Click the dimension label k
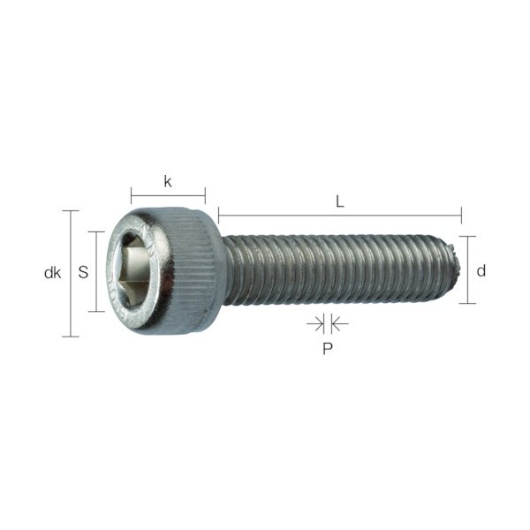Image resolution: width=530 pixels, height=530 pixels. pyautogui.click(x=168, y=181)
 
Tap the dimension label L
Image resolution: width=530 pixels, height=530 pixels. pyautogui.click(x=340, y=201)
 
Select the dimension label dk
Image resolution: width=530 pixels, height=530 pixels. pyautogui.click(x=52, y=273)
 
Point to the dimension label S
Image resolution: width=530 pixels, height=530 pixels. pyautogui.click(x=83, y=273)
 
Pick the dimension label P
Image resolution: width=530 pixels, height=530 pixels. pyautogui.click(x=327, y=348)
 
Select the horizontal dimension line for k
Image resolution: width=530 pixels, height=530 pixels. pyautogui.click(x=168, y=195)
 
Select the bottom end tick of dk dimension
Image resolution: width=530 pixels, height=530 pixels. pyautogui.click(x=70, y=337)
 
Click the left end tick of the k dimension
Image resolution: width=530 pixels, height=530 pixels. pyautogui.click(x=131, y=195)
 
